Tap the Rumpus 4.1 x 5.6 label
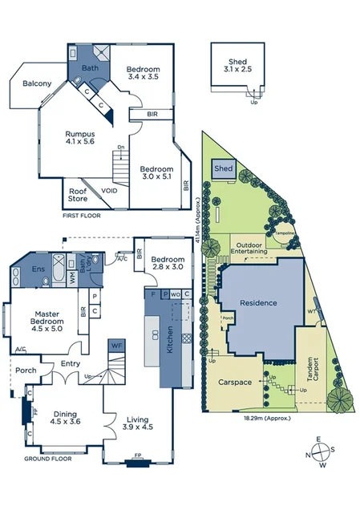point(80,138)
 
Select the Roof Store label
point(78,195)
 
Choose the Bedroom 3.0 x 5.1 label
point(156,174)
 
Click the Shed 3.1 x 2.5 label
point(237,65)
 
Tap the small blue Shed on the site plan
point(224,169)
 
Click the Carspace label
point(236,382)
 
